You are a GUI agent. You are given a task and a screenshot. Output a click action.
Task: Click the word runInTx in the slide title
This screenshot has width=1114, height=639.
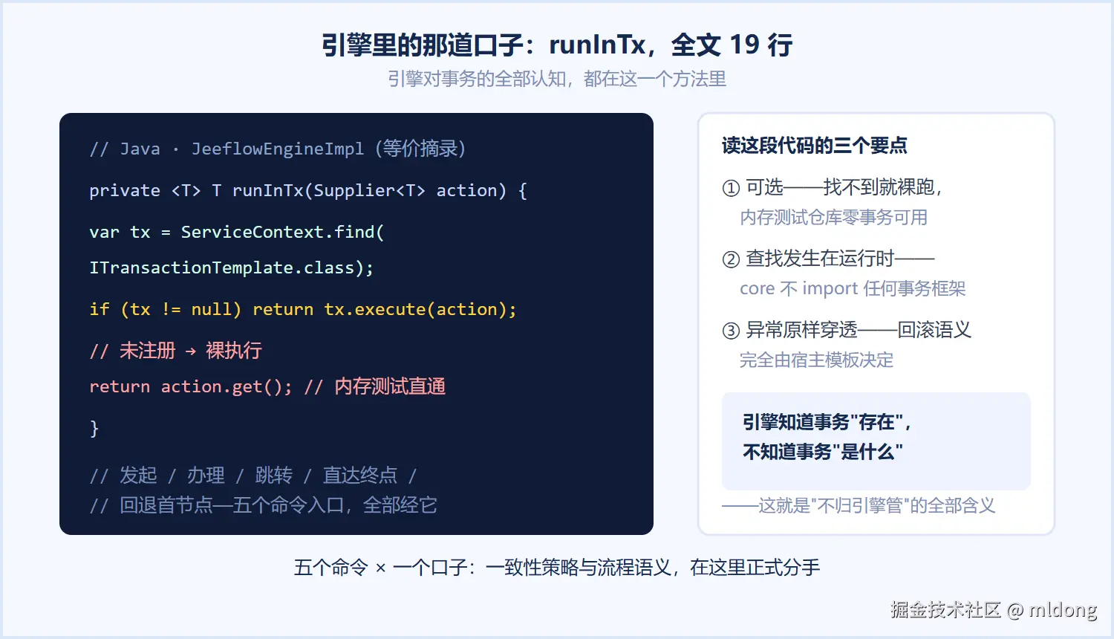[x=597, y=45]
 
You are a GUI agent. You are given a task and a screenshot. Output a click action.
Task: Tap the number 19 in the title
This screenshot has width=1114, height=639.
[x=744, y=45]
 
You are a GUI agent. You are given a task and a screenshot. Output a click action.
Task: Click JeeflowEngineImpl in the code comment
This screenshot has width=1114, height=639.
[x=278, y=149]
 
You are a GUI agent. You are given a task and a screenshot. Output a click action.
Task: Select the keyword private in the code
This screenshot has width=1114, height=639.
[x=125, y=191]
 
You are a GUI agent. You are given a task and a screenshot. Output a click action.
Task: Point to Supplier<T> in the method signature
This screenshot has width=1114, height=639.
[x=370, y=191]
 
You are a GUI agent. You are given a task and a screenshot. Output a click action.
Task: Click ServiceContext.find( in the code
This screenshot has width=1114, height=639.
[x=282, y=232]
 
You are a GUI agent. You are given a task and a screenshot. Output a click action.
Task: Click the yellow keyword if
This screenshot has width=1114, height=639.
[x=100, y=309]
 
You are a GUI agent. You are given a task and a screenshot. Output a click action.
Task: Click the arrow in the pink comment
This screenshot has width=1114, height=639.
[x=190, y=351]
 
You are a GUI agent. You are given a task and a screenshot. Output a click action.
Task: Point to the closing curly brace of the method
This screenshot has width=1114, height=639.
[x=94, y=429]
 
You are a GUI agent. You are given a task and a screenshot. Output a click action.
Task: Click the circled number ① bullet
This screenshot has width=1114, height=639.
[x=731, y=188]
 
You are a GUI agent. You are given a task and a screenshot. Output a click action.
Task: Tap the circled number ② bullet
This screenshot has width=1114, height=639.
[x=731, y=259]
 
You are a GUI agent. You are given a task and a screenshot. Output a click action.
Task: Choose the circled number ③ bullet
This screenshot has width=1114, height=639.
[x=731, y=331]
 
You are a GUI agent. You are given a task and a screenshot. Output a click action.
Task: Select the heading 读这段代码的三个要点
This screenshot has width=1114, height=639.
[x=814, y=146]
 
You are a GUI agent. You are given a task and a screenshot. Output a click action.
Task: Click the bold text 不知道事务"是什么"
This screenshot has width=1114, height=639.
[x=823, y=452]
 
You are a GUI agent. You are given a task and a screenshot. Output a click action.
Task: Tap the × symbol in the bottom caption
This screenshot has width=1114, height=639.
[x=380, y=568]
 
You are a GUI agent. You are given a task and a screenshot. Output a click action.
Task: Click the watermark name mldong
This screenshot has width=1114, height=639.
[x=1063, y=609]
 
